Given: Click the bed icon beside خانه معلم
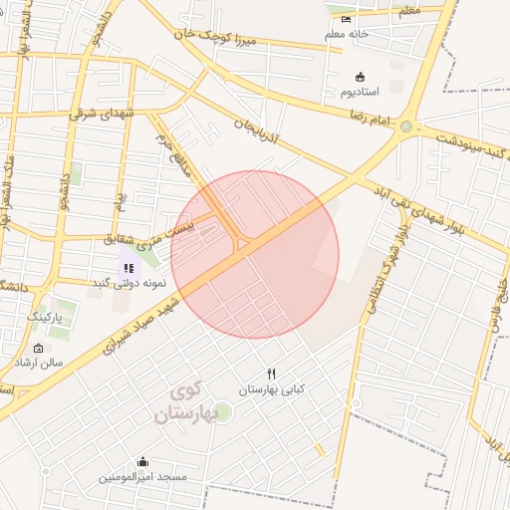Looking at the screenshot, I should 346,20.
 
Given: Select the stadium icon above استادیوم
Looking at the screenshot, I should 360,77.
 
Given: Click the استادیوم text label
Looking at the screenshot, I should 361,92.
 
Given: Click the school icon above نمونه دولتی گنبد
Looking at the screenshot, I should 128,268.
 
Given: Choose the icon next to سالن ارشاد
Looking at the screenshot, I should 38,349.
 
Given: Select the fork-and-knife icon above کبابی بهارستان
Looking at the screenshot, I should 269,374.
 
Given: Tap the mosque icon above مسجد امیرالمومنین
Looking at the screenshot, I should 142,462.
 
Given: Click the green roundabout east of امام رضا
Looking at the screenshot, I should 405,127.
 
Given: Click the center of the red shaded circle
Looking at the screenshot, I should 255,255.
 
